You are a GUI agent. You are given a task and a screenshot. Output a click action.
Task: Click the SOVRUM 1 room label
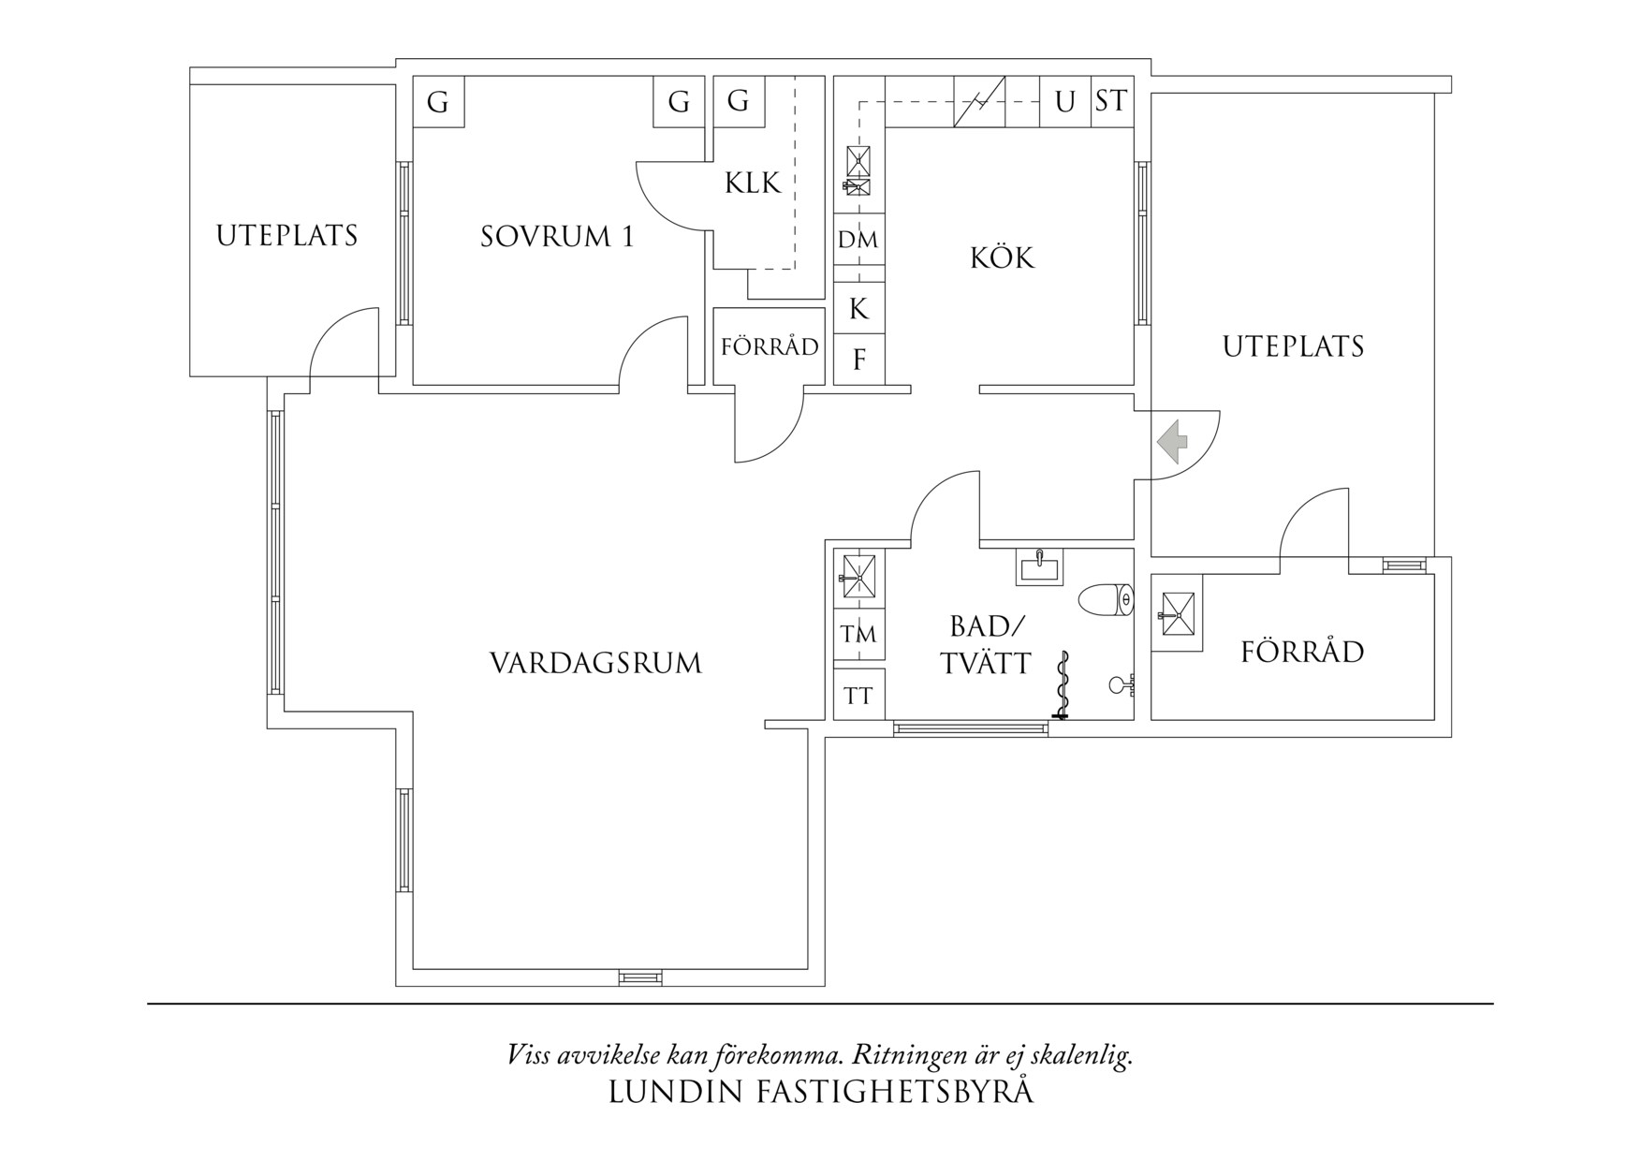(557, 236)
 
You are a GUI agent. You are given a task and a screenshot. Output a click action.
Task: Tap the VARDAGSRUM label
(595, 664)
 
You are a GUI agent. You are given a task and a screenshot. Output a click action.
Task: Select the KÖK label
(1002, 257)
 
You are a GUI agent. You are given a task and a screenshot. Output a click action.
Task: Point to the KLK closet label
(752, 182)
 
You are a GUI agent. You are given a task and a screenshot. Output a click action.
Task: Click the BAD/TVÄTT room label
(987, 645)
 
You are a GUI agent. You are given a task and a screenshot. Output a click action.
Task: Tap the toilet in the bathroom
(1106, 599)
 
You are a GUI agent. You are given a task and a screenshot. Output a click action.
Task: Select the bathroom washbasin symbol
(1039, 566)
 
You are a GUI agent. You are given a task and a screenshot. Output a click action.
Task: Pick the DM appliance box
(858, 241)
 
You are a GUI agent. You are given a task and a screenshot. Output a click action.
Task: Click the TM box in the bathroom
(858, 635)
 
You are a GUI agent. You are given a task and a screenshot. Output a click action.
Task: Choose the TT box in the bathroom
(858, 696)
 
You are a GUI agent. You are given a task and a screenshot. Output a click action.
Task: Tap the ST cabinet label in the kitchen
(1111, 100)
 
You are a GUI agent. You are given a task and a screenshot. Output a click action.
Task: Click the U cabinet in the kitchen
(1064, 101)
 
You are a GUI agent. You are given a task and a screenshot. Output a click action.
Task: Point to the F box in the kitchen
(858, 360)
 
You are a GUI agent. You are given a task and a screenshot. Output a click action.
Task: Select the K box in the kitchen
(858, 308)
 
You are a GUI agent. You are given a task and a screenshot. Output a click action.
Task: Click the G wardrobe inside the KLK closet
(739, 100)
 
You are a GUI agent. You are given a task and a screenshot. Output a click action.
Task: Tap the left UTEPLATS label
(286, 235)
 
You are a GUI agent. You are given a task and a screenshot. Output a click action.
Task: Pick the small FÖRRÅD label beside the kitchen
(770, 347)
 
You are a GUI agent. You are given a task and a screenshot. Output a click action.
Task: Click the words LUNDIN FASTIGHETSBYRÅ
(821, 1092)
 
